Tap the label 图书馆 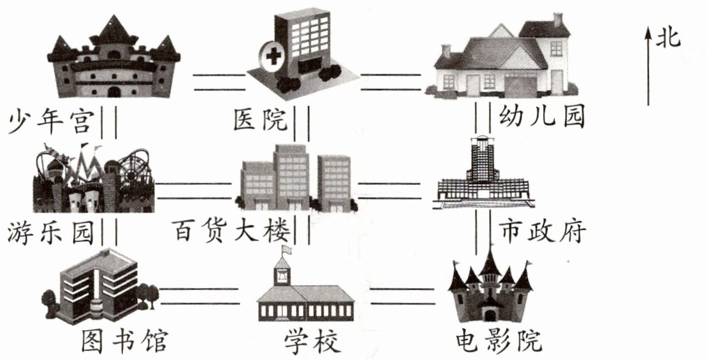pyautogui.click(x=124, y=341)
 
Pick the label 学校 pyautogui.click(x=311, y=342)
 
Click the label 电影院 pyautogui.click(x=499, y=341)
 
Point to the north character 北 pyautogui.click(x=669, y=39)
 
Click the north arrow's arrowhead pyautogui.click(x=648, y=34)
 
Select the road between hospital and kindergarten pyautogui.click(x=391, y=82)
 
